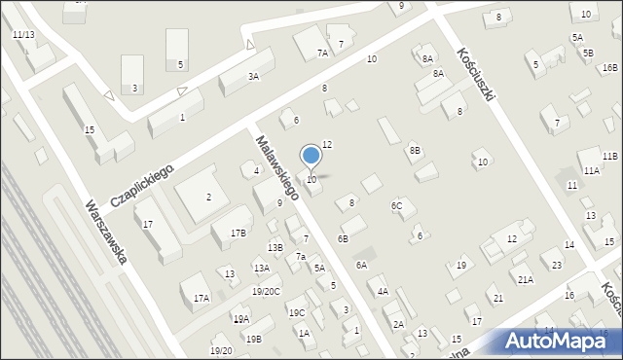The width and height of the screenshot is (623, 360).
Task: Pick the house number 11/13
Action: pyautogui.click(x=23, y=34)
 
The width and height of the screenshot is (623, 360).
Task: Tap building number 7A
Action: pyautogui.click(x=322, y=54)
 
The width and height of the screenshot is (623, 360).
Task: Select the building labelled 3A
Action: pyautogui.click(x=253, y=76)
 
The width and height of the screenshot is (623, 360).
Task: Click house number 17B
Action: pyautogui.click(x=238, y=233)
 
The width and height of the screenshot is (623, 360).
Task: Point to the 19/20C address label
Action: pyautogui.click(x=266, y=291)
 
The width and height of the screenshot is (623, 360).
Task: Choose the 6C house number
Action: pyautogui.click(x=397, y=205)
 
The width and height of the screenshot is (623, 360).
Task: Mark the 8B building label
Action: pyautogui.click(x=415, y=150)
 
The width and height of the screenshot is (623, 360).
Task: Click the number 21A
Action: pyautogui.click(x=525, y=279)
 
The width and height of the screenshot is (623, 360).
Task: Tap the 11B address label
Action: pyautogui.click(x=609, y=156)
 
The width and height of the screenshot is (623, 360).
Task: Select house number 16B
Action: pyautogui.click(x=609, y=67)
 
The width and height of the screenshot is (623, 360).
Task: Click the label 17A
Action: pyautogui.click(x=202, y=298)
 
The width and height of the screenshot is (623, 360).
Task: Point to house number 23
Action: pyautogui.click(x=556, y=265)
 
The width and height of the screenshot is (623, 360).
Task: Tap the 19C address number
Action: pyautogui.click(x=296, y=312)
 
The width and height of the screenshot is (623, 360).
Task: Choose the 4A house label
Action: pyautogui.click(x=383, y=291)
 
